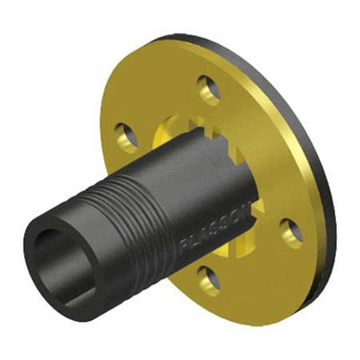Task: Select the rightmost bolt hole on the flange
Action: click(292, 231)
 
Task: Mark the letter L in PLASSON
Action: click(192, 238)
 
